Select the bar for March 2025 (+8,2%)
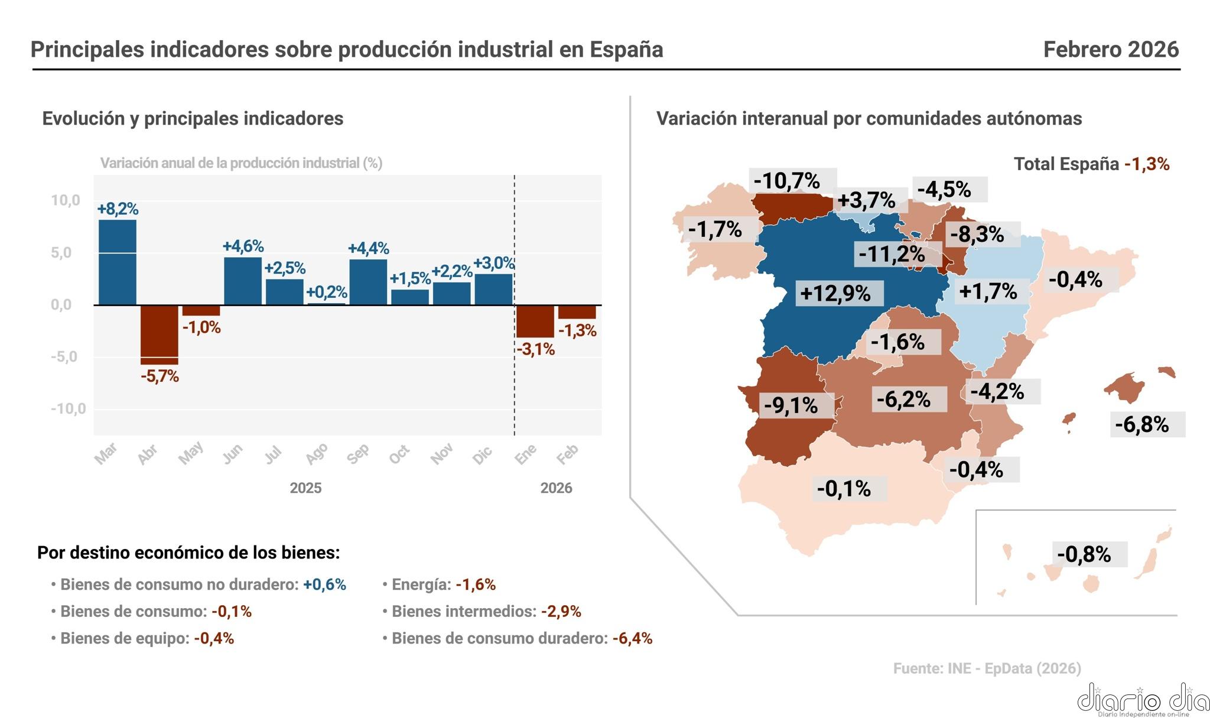coord(117,262)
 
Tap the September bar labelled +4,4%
coord(368,282)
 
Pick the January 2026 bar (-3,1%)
coord(535,321)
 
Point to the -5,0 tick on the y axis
coord(64,356)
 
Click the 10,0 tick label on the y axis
coord(65,200)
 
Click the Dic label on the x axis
coord(483,454)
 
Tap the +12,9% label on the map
coord(835,293)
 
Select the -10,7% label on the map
coord(787,180)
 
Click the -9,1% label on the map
coord(791,405)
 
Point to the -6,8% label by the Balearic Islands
coord(1141,424)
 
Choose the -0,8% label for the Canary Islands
coord(1084,554)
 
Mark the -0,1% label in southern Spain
coord(844,489)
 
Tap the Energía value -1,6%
coord(476,584)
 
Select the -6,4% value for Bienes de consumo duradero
coord(632,638)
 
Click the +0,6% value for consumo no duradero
coord(324,584)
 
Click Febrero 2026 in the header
coord(1111,50)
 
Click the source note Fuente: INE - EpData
coord(987,668)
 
